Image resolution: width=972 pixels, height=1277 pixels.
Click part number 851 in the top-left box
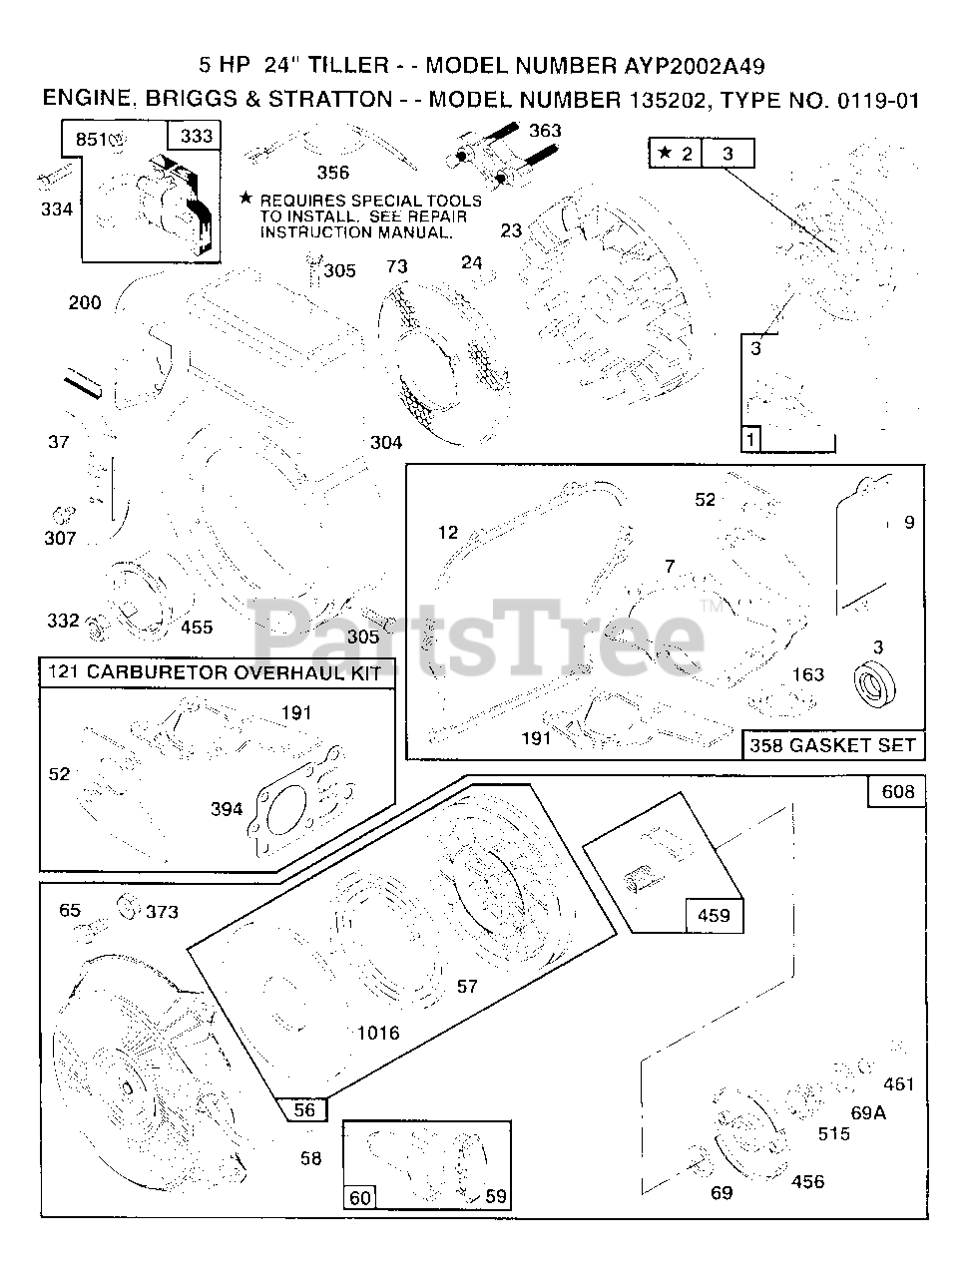(90, 139)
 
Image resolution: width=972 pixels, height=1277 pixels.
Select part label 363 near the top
(545, 131)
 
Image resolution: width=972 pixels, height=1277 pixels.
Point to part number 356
(333, 173)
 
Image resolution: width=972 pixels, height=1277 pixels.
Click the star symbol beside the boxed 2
(665, 153)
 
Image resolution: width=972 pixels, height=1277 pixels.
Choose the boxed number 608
(897, 792)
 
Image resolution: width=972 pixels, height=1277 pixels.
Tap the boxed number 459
(714, 915)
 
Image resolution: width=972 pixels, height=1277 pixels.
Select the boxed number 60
(360, 1196)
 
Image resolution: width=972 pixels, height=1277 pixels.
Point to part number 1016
(377, 1033)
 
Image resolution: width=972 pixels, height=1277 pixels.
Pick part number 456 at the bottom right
(807, 1181)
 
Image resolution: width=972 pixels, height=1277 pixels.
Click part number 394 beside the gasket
(227, 809)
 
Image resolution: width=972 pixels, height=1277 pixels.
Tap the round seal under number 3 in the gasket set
(876, 685)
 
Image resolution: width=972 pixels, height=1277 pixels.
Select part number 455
(197, 628)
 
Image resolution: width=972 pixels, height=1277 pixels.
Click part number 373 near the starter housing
(162, 911)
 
